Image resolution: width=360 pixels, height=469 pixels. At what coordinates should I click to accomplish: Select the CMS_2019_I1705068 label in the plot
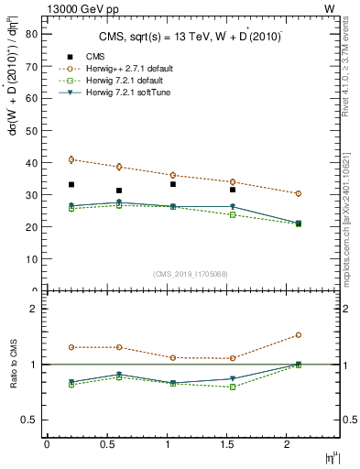[190, 272]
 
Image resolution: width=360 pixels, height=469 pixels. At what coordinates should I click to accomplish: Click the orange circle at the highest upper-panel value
[71, 159]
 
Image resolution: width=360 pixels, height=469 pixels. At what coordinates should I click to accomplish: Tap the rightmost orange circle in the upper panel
[299, 193]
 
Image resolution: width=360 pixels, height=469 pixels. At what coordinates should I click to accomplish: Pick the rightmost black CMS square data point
[233, 190]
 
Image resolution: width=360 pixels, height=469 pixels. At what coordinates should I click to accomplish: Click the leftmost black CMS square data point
[71, 184]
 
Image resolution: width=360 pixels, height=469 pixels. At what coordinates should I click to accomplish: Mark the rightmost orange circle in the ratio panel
[299, 335]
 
